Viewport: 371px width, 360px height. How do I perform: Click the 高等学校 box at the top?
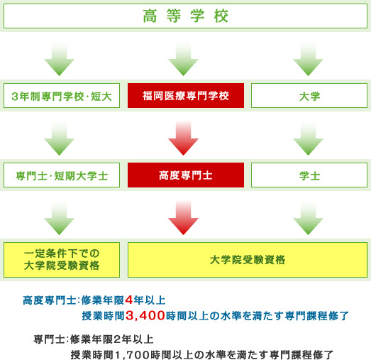click(x=186, y=16)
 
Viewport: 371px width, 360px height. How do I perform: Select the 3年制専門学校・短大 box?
click(x=62, y=95)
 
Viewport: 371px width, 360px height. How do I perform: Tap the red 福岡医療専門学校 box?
click(x=186, y=95)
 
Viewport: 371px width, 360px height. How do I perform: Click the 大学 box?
click(x=309, y=95)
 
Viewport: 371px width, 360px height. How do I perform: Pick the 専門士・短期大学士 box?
click(x=62, y=175)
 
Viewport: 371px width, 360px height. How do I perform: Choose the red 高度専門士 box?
click(x=186, y=175)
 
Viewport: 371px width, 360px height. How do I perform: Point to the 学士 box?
click(x=309, y=175)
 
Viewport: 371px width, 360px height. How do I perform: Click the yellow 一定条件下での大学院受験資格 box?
click(x=62, y=260)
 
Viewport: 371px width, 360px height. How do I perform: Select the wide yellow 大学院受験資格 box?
click(x=248, y=260)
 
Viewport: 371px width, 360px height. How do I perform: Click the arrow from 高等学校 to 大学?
click(x=308, y=59)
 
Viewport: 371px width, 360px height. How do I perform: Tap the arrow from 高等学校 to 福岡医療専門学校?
click(x=183, y=59)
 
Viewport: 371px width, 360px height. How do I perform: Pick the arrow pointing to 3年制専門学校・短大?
click(x=59, y=59)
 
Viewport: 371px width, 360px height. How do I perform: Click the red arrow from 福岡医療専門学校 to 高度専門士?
click(x=183, y=138)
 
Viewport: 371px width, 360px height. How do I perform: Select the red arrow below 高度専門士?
click(x=183, y=218)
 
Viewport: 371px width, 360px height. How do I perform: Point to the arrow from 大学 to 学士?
click(x=308, y=138)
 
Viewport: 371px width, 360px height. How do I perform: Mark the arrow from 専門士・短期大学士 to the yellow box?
click(x=59, y=219)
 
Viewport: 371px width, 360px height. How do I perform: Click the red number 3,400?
click(x=145, y=316)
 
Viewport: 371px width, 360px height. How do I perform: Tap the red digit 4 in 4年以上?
click(x=129, y=300)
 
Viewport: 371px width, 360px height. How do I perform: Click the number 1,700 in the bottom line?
click(x=133, y=355)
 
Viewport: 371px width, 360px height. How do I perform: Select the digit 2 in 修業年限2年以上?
click(x=117, y=339)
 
